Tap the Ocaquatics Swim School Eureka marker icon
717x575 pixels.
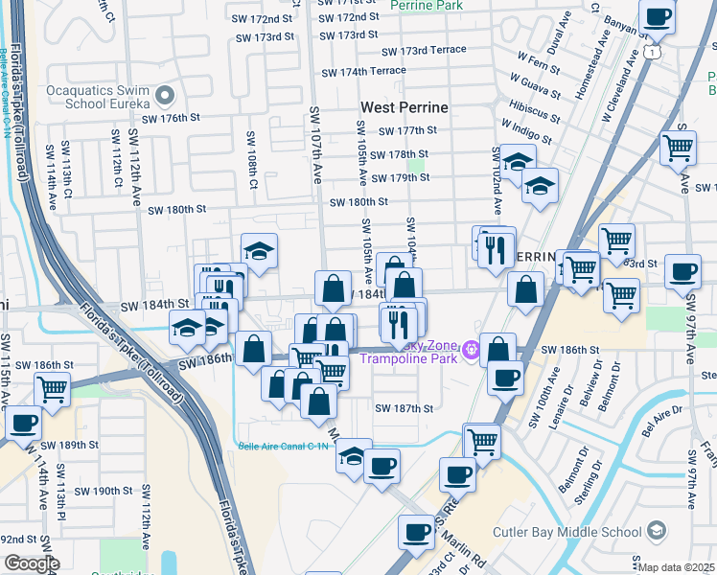[165, 95]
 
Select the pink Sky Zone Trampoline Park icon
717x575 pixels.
[470, 351]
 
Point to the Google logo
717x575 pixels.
[31, 563]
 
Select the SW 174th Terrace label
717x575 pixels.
[363, 72]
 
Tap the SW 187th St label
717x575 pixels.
[404, 408]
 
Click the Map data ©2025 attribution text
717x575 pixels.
[677, 567]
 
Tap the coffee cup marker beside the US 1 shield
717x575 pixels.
[659, 17]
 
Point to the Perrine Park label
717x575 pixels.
[427, 5]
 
